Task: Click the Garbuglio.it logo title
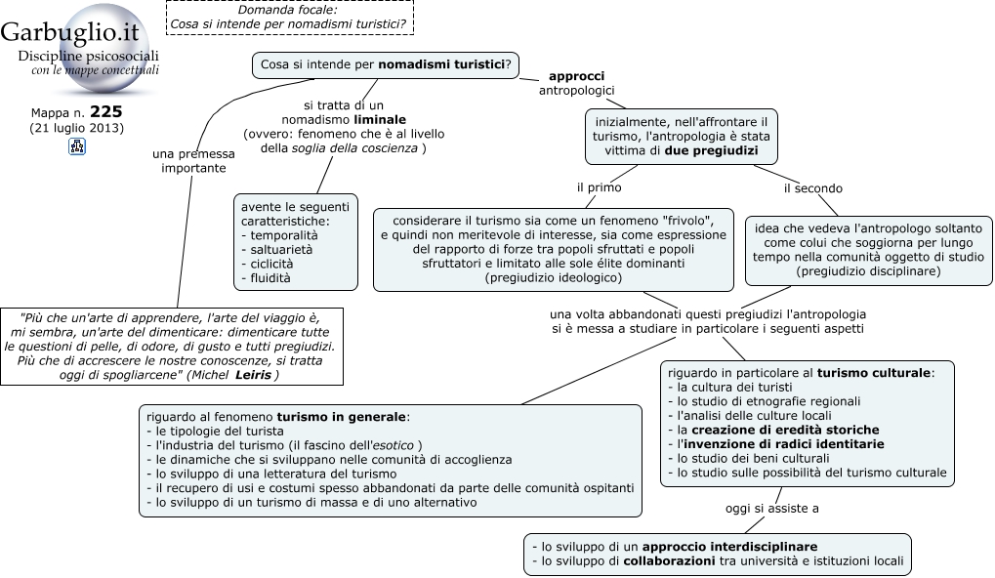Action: tap(69, 31)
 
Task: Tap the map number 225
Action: tap(106, 111)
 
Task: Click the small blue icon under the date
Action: tap(77, 146)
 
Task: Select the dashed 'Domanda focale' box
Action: tap(289, 18)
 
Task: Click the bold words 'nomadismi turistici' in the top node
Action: tap(441, 64)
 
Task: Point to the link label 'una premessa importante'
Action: tap(193, 160)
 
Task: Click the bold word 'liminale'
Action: tap(380, 119)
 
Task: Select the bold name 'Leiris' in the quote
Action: tap(253, 374)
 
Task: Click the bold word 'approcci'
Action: tap(576, 76)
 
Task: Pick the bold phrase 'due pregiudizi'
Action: tap(712, 150)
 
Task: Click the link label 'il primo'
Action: tap(599, 187)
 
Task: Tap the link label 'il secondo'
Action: tap(812, 188)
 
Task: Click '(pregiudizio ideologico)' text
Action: tap(554, 277)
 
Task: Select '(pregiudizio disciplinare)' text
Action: tap(868, 270)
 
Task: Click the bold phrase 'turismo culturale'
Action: tap(874, 372)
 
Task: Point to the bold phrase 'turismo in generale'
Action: tap(341, 417)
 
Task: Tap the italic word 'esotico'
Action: tap(393, 445)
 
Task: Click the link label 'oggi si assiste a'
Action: tap(771, 509)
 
